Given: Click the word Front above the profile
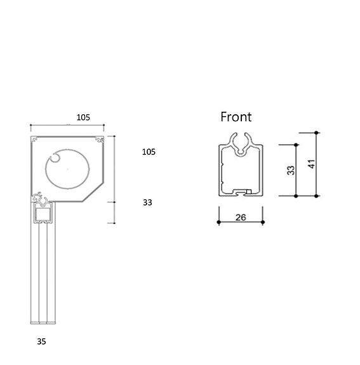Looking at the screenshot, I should point(236,117).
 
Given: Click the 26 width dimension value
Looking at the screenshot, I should point(241,217).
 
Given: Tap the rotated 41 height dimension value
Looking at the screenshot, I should point(310,164).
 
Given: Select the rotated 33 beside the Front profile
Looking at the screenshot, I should point(291,171).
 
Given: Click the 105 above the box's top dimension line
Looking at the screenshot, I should point(83,117).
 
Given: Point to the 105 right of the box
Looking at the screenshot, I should point(149,152).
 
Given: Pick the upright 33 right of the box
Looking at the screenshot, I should point(147,202).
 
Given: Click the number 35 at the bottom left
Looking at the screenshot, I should point(41,342).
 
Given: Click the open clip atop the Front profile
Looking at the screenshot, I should point(241,144).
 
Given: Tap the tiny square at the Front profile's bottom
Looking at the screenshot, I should point(249,192).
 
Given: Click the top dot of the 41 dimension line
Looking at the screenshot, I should point(317,133).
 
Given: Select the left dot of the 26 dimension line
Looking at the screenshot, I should point(218,223).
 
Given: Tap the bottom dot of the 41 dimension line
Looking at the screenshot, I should point(317,196).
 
